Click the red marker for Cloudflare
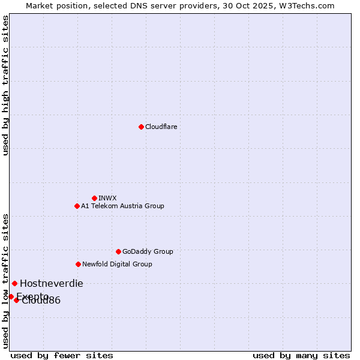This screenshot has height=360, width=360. [x=141, y=127]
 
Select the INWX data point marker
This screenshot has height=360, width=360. [x=94, y=198]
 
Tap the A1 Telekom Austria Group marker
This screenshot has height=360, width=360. [x=77, y=206]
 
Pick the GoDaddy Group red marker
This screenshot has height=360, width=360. [x=118, y=251]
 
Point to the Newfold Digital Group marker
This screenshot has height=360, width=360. [x=78, y=264]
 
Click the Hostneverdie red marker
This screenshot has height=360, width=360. [x=14, y=283]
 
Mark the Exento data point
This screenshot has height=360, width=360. [x=11, y=296]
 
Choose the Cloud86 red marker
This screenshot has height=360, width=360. [x=17, y=300]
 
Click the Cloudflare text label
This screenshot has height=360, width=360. [x=161, y=127]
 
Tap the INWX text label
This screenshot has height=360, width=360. [x=107, y=198]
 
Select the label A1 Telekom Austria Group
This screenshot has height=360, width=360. [x=122, y=206]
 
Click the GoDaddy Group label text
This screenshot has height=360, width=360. [x=148, y=251]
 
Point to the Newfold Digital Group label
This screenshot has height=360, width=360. [x=117, y=264]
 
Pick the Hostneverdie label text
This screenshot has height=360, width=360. [x=52, y=284]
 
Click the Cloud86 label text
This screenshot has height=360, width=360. [x=41, y=301]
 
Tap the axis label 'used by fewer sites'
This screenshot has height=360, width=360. [x=62, y=355]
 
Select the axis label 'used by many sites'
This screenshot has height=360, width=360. [x=301, y=355]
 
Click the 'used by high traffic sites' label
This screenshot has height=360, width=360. [x=6, y=85]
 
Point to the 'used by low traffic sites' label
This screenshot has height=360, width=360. [x=6, y=280]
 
